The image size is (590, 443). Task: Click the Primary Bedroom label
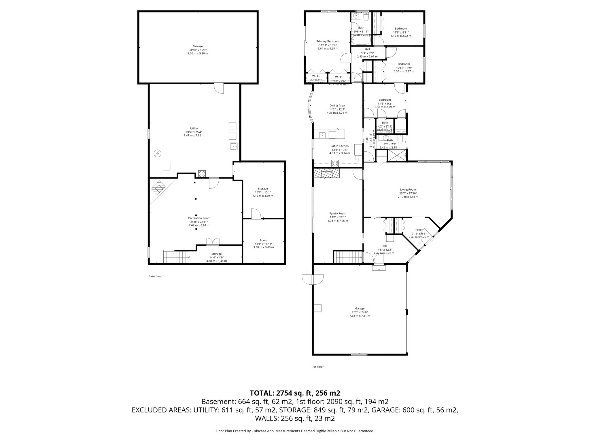[328, 41]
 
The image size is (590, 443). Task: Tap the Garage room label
[360, 308]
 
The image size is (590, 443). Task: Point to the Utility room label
[194, 128]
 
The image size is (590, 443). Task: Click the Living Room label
[408, 189]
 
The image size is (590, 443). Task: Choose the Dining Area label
[337, 106]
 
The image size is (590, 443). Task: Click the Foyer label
[419, 230]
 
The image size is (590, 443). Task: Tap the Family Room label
[338, 213]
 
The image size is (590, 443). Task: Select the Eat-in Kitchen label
[340, 146]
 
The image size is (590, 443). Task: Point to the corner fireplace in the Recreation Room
[158, 188]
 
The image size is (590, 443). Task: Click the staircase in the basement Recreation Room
[176, 257]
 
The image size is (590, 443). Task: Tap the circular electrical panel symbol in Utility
[157, 153]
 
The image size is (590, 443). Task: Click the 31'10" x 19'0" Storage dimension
[198, 50]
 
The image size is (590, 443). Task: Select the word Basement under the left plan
[155, 276]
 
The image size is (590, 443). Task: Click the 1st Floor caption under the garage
[318, 367]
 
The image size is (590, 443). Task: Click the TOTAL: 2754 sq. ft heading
[295, 393]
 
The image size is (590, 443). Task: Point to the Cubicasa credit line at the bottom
[295, 431]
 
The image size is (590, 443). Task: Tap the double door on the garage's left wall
[313, 279]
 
